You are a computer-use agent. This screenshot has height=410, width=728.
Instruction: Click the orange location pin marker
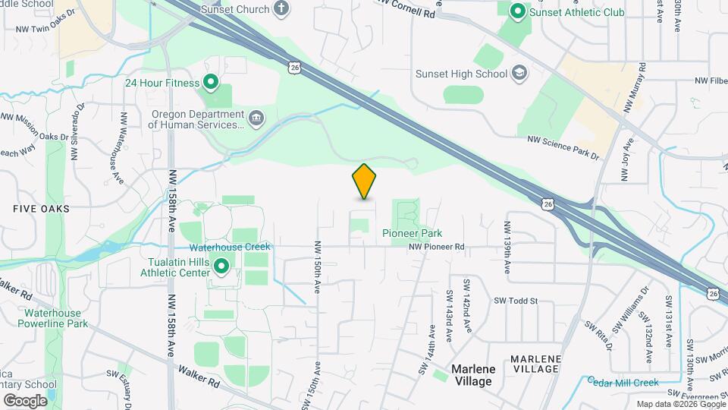click(x=365, y=181)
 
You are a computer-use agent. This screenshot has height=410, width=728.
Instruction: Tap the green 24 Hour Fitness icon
click(x=210, y=83)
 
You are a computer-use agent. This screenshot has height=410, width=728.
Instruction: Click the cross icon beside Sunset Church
click(x=281, y=9)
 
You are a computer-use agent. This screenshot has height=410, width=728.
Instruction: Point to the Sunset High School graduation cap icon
click(x=519, y=74)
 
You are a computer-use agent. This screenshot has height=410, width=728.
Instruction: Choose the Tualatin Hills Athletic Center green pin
click(x=221, y=266)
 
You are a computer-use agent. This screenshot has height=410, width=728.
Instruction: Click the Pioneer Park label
click(x=412, y=233)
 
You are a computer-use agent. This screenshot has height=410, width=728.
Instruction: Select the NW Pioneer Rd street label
click(x=436, y=247)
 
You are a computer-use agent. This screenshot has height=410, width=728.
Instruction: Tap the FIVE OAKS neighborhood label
click(x=41, y=208)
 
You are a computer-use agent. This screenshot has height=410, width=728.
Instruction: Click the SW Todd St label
click(x=516, y=301)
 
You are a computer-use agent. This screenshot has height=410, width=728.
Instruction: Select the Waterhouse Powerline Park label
click(x=52, y=318)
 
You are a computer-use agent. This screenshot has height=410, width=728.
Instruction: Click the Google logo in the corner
click(x=25, y=400)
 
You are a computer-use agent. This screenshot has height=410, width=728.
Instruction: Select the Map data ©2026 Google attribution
click(x=679, y=404)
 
